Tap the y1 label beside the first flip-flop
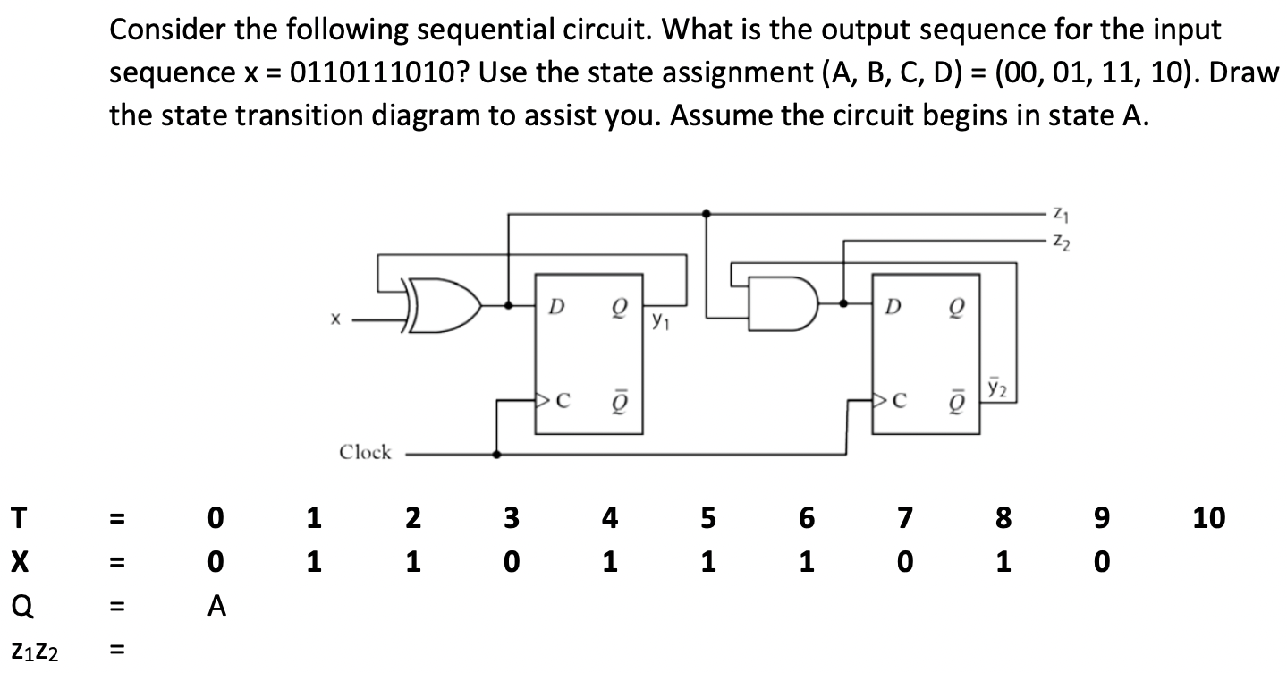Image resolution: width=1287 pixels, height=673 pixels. click(659, 319)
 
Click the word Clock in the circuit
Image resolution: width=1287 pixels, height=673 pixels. click(365, 452)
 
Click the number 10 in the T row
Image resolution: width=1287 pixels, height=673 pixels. click(1207, 516)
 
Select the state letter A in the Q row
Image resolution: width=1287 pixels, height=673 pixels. click(215, 608)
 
